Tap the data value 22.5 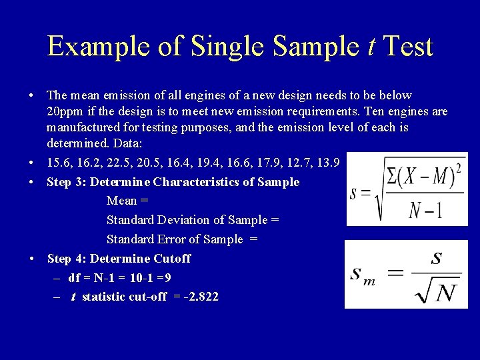coord(135,163)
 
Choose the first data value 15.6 coord(59,163)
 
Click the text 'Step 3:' coord(66,182)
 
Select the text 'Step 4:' coord(66,259)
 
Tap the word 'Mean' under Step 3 coord(121,201)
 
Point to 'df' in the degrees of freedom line coord(74,277)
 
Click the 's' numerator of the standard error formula coord(437,259)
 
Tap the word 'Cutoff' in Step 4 coord(173,259)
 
